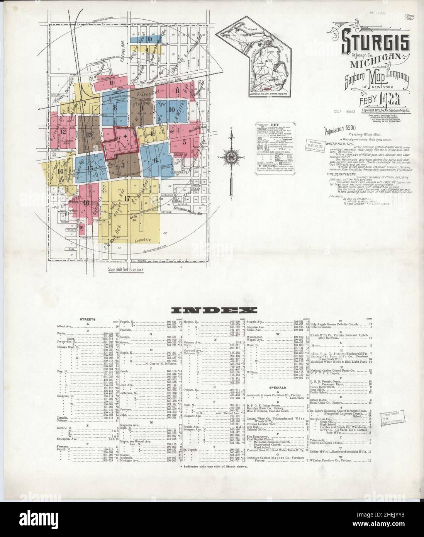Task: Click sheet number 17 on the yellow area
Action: tap(126, 199)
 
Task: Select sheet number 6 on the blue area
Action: tap(156, 160)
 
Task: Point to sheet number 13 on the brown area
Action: tap(90, 134)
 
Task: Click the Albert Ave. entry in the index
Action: tap(65, 326)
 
